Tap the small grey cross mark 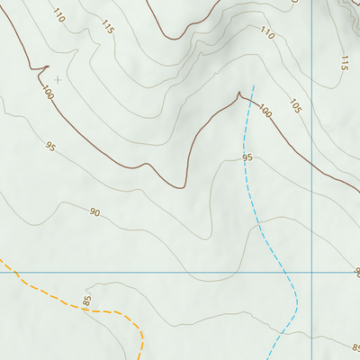[58, 79]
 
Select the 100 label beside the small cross [46, 92]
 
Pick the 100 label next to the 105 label [264, 111]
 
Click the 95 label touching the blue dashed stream [247, 158]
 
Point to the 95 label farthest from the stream [50, 146]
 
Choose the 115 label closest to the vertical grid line [344, 63]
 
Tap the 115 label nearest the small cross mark [108, 29]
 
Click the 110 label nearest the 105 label [267, 33]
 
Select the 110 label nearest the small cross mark [59, 15]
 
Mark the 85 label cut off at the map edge [355, 347]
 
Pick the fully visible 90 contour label [94, 212]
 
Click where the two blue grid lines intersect [311, 272]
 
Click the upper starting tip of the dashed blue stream [254, 86]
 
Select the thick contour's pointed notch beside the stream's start [239, 94]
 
